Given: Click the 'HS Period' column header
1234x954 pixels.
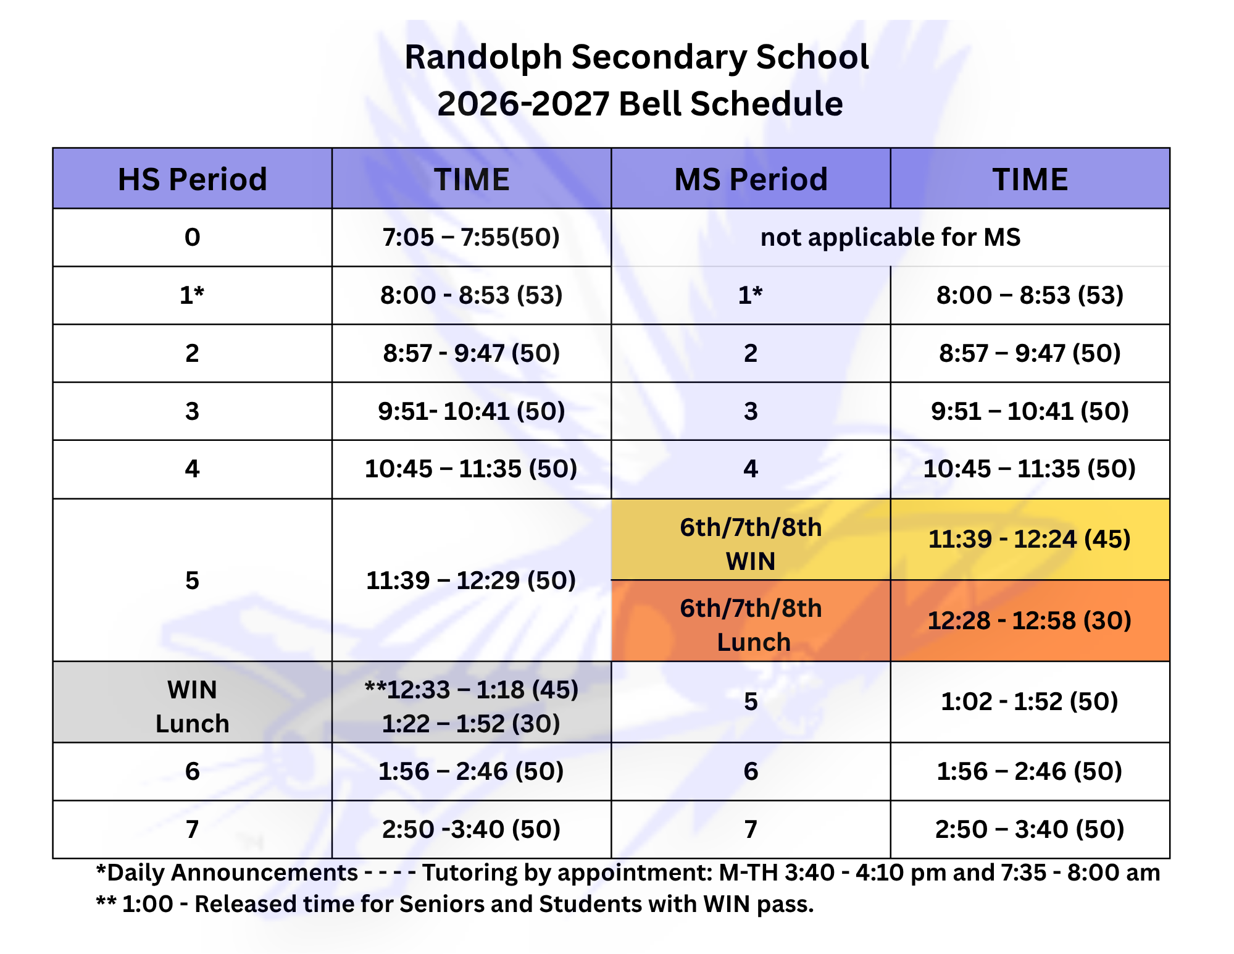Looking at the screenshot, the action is click(x=192, y=179).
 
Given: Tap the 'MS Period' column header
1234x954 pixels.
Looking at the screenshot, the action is click(x=751, y=179).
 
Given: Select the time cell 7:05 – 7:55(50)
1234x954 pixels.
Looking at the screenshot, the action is click(x=471, y=237).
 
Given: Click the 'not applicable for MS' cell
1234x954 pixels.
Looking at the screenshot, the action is click(x=890, y=237).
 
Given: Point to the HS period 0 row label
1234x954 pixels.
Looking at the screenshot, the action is click(x=192, y=237).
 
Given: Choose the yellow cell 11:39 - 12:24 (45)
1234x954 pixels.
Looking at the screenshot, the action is click(x=1030, y=539).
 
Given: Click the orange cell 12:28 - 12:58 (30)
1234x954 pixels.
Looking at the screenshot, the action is click(x=1030, y=621).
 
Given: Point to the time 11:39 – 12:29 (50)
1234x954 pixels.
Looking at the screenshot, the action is click(x=471, y=580).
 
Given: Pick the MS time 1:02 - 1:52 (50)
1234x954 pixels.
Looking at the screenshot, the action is click(x=1030, y=701).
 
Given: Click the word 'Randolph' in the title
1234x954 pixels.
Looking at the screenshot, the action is click(x=483, y=57).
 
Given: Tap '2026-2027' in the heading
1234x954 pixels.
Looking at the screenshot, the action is click(x=523, y=104).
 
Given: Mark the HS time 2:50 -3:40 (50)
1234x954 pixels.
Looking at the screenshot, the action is click(x=471, y=829).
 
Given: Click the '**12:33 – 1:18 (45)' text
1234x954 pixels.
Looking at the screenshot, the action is click(x=471, y=690).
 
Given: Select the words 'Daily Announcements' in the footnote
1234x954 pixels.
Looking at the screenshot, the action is click(x=232, y=872).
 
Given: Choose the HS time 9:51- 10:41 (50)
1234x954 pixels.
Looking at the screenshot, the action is click(x=471, y=411).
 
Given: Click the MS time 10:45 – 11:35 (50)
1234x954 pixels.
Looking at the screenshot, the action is click(x=1030, y=469).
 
